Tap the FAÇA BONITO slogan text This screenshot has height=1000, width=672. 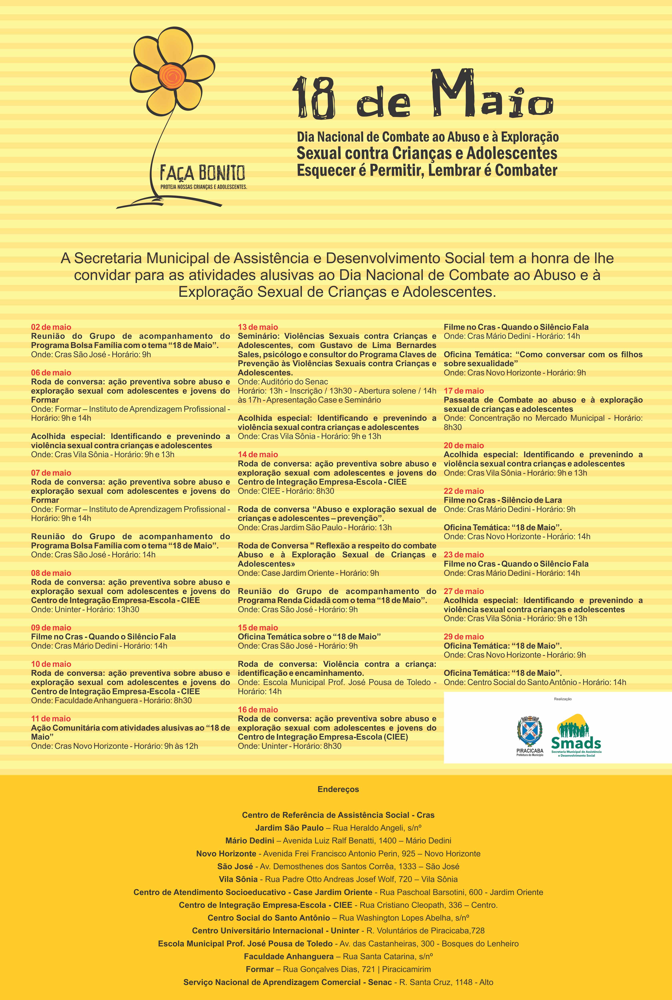point(202,174)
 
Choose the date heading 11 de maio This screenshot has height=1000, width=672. point(51,719)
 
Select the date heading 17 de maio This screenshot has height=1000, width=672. point(464,391)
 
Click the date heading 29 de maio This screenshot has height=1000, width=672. point(464,637)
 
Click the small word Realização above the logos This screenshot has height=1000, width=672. point(563,699)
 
